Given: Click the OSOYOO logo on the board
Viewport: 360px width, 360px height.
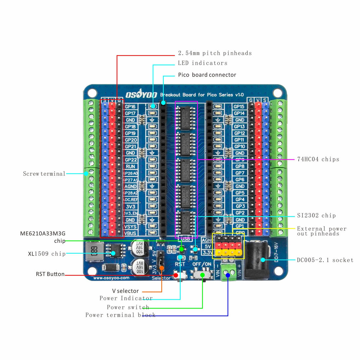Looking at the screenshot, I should tap(141, 95).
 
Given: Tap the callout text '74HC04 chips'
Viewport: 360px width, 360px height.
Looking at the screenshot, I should tap(318, 159).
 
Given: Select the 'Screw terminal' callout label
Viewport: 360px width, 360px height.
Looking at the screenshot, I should tap(44, 174).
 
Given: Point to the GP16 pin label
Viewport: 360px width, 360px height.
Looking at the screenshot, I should tap(130, 107).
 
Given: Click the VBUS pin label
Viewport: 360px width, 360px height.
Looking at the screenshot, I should tap(130, 233).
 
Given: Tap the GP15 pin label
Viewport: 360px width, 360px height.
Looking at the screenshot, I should tap(239, 107).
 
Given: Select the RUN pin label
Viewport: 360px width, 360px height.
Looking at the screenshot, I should tap(130, 167).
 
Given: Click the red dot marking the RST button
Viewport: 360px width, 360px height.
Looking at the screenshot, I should tap(176, 275).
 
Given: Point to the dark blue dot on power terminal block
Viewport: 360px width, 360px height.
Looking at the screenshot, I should tap(228, 275).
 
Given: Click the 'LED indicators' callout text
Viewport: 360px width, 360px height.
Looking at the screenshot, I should tap(203, 63).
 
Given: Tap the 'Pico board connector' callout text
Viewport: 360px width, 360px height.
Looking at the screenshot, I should tap(207, 75).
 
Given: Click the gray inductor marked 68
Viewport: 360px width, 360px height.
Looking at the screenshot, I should tap(94, 252).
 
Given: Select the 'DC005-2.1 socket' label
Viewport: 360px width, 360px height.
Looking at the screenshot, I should tap(325, 260).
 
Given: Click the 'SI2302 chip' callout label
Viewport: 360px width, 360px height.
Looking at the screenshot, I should tap(316, 216).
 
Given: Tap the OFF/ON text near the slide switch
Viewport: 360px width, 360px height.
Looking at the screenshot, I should tap(202, 264).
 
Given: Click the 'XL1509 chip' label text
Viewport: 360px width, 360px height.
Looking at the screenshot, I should tap(47, 254).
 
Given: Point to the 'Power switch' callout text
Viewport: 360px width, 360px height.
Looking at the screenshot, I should tap(128, 307).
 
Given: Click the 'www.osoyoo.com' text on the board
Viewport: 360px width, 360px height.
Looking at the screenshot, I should tap(111, 278).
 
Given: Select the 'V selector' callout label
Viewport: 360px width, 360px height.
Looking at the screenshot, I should tap(125, 291).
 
